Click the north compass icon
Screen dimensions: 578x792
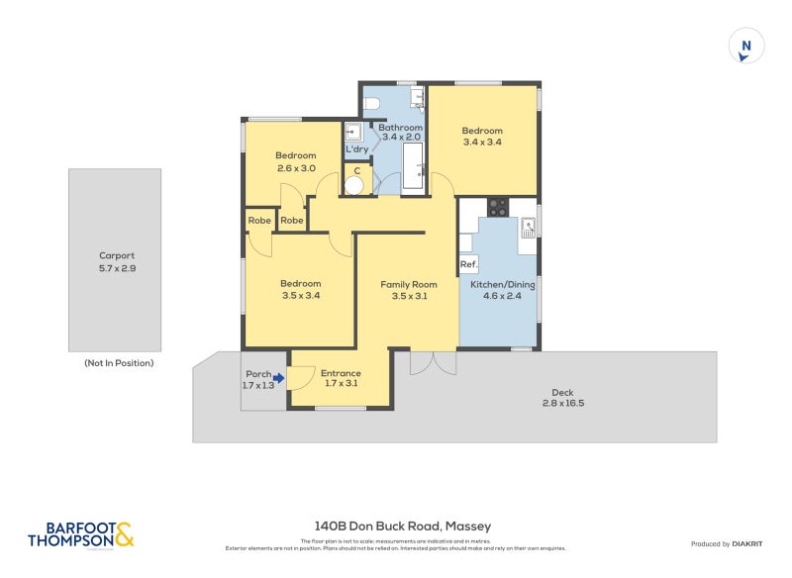tap(746, 47)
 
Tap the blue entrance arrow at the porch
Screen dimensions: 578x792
tap(279, 377)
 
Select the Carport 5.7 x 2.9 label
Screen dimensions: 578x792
tap(117, 261)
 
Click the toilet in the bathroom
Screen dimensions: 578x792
tap(370, 102)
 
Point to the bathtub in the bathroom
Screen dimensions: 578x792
tap(412, 165)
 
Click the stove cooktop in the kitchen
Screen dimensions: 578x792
tap(497, 208)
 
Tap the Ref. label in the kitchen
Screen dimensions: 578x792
tap(468, 264)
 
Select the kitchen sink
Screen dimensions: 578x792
tap(528, 226)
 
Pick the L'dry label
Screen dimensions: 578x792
tap(356, 149)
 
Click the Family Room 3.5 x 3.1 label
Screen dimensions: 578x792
tap(409, 290)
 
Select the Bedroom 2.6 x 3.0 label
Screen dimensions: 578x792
tap(295, 162)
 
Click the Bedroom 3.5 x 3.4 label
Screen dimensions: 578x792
tap(300, 289)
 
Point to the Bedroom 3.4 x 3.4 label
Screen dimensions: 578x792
tap(482, 137)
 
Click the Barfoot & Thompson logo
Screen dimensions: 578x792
tap(79, 535)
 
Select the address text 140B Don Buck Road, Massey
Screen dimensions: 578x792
tap(402, 527)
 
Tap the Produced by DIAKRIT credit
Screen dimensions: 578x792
tap(731, 544)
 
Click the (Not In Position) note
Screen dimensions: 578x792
tap(119, 363)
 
